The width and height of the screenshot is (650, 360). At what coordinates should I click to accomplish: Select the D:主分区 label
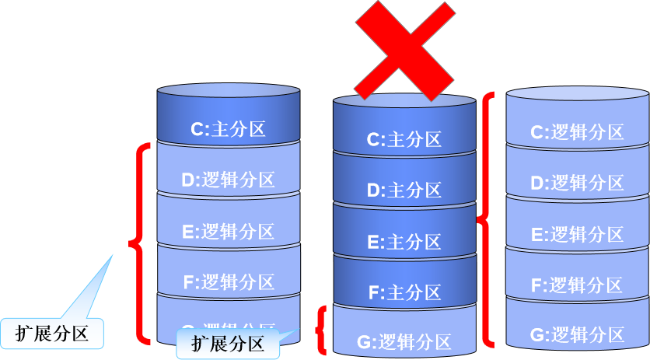tap(404, 190)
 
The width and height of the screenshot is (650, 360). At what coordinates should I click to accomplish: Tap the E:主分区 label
tap(404, 242)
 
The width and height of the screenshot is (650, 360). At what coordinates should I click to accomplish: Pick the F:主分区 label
tap(404, 292)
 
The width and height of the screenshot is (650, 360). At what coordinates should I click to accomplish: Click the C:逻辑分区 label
tap(576, 131)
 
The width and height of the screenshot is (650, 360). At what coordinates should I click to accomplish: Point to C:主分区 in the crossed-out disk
tap(404, 139)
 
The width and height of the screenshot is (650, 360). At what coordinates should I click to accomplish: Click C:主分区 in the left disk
tap(228, 128)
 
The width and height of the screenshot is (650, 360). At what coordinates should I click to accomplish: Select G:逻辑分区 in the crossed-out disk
tap(404, 341)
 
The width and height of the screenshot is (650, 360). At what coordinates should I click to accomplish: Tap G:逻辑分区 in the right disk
tap(576, 335)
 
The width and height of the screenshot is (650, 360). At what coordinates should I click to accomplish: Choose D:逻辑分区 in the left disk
tap(228, 180)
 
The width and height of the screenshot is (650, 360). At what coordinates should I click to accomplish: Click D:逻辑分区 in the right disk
tap(576, 183)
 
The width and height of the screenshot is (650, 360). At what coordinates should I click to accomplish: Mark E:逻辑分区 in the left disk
tap(228, 231)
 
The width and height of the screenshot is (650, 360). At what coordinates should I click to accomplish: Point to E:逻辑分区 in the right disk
tap(576, 234)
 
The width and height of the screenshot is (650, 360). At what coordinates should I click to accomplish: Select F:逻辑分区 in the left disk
tap(228, 281)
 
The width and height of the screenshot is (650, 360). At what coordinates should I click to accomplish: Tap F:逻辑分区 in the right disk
tap(576, 285)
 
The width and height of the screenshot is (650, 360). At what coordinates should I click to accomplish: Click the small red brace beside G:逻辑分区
tap(320, 330)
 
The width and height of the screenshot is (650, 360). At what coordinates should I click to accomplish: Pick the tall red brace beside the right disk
tap(487, 219)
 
